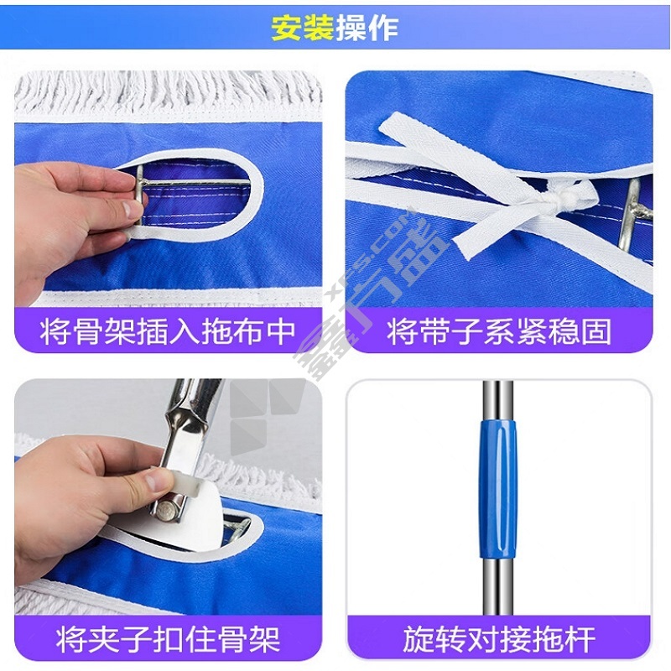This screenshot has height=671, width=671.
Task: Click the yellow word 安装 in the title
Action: point(303,29)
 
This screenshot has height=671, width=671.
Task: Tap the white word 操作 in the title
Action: point(367,29)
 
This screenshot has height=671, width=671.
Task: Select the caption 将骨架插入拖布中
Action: point(168,331)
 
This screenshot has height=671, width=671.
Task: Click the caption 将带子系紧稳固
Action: point(499,331)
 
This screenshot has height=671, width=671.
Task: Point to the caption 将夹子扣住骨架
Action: point(168,639)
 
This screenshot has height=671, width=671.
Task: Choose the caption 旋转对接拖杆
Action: point(499,639)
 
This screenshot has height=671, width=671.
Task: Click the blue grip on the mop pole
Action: point(498,489)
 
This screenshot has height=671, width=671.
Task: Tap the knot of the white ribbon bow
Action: point(555,198)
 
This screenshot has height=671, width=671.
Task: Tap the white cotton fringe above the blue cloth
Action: point(168,95)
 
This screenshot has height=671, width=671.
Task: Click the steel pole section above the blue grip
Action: point(497,400)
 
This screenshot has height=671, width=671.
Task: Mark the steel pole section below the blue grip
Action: point(497,587)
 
